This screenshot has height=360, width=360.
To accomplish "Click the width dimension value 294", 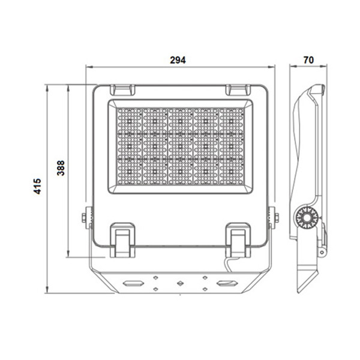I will [x=178, y=59].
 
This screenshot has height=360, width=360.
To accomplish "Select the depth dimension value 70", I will [x=308, y=59].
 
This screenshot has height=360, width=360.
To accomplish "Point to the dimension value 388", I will [x=61, y=170].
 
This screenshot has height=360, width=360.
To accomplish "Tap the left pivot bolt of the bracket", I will [x=88, y=218].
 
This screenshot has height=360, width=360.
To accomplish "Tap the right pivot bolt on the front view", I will [x=273, y=218].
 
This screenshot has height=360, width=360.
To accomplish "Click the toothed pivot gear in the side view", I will [x=307, y=218].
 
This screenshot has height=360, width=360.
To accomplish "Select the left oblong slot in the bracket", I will [x=133, y=282].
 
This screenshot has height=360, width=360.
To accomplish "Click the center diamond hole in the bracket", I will [x=179, y=282].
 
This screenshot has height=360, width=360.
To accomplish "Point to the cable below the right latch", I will [x=229, y=263].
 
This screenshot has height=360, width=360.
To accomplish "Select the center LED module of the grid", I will [x=180, y=144].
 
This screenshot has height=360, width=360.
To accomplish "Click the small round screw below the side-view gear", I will [x=322, y=252].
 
